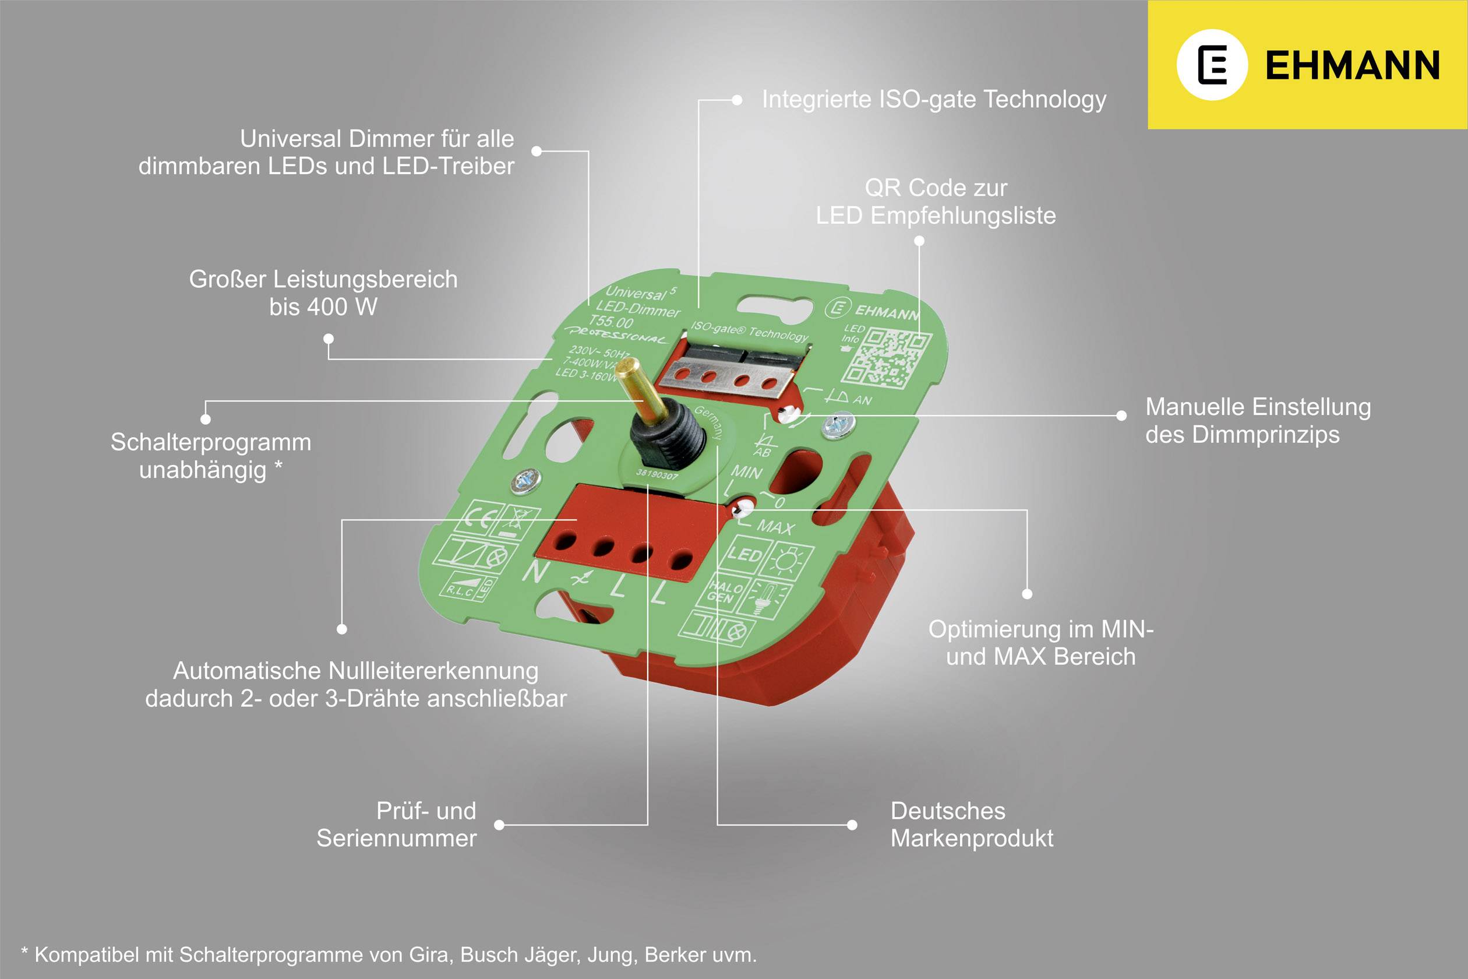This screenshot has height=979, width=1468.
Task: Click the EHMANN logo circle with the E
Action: [x=1212, y=64]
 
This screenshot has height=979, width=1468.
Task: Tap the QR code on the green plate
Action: [x=886, y=357]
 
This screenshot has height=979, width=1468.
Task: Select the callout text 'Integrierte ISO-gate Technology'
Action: [x=934, y=99]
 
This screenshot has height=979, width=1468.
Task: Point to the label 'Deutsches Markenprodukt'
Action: [x=971, y=824]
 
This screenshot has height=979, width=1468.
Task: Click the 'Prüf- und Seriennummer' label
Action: [x=397, y=824]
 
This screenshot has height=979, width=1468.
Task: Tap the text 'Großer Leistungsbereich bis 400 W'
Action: [x=323, y=293]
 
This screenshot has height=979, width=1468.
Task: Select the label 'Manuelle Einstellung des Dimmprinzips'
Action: [x=1258, y=420]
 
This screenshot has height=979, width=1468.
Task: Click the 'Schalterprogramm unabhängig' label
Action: [x=210, y=455]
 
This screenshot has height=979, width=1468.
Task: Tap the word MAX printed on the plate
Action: [x=776, y=527]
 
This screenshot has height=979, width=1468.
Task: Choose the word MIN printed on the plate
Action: [x=746, y=471]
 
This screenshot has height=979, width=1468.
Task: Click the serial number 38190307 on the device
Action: [x=657, y=475]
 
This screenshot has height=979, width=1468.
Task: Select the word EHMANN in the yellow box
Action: [x=1352, y=65]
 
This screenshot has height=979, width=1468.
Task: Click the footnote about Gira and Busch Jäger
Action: [x=389, y=954]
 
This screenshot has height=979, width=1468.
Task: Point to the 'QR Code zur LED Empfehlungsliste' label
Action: [x=936, y=201]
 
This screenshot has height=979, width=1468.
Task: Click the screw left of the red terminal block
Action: [x=525, y=480]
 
